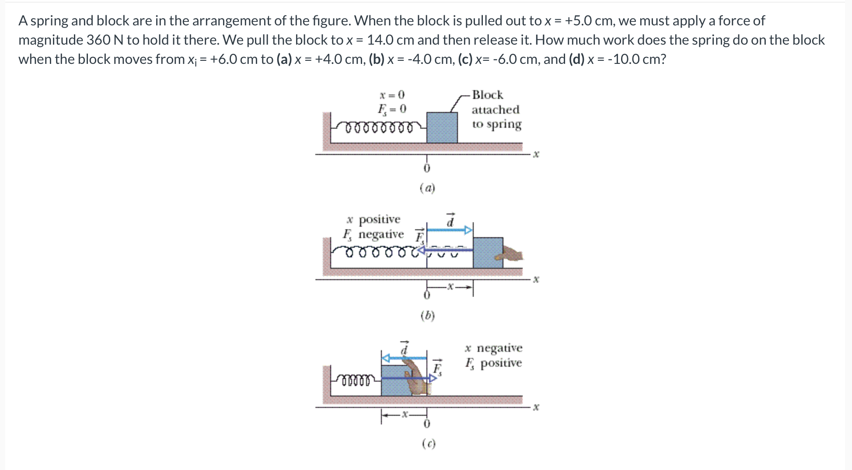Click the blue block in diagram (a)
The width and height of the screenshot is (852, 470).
[x=442, y=127]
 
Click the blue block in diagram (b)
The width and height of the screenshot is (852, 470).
[x=487, y=253]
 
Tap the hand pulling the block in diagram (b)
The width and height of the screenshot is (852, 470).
[x=512, y=254]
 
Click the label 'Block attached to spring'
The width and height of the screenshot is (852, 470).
[x=496, y=109]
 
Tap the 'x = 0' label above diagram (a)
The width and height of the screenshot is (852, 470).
[x=392, y=95]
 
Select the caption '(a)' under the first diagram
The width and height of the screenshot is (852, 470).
[x=427, y=188]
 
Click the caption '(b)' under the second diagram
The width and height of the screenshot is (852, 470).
[x=427, y=316]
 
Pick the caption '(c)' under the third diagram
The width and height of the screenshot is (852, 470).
[x=429, y=444]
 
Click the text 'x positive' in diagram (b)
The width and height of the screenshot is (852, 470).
[x=373, y=219]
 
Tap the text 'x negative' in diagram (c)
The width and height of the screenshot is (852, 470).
[x=493, y=348]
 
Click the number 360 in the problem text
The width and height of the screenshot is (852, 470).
[x=98, y=40]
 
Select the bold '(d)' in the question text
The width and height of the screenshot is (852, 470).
[x=576, y=59]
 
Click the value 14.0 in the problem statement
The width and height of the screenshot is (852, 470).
[x=381, y=40]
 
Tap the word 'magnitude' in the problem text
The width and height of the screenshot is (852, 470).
[x=51, y=40]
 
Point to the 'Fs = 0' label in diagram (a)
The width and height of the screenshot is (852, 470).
[x=392, y=109]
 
